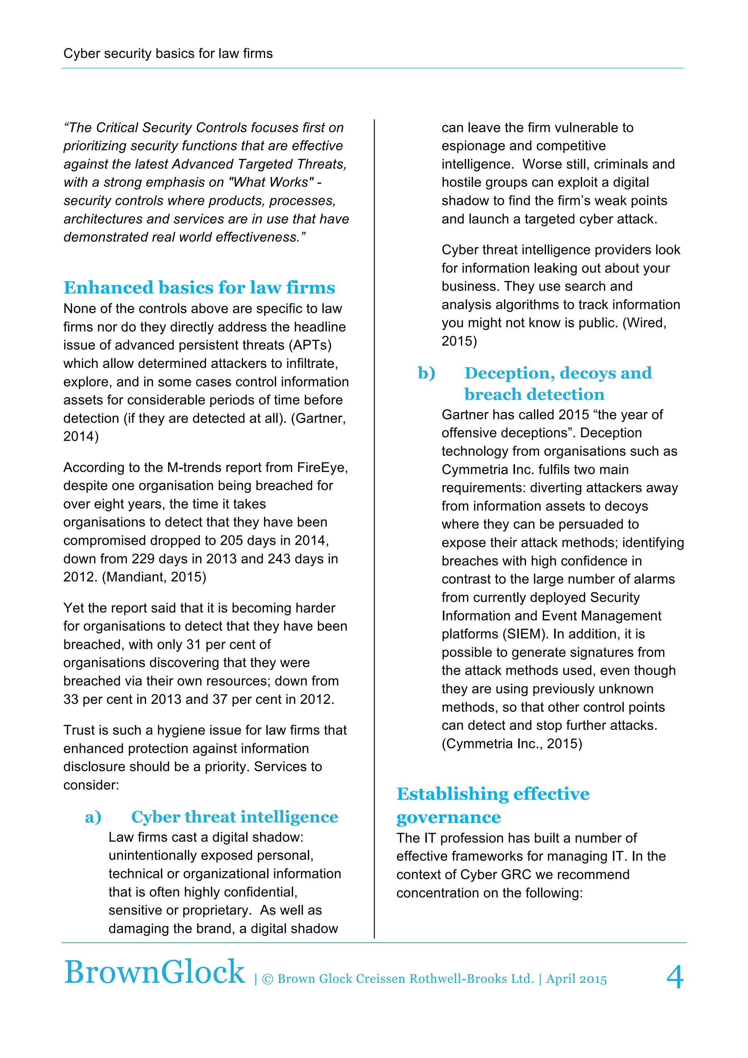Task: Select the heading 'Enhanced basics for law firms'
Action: (x=199, y=288)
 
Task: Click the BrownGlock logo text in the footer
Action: (x=154, y=972)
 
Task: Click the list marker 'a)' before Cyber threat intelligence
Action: (x=93, y=817)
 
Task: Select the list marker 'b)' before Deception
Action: (x=426, y=373)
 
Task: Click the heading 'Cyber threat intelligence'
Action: (x=234, y=817)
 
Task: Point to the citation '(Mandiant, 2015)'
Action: (x=154, y=577)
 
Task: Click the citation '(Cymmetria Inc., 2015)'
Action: (x=512, y=744)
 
